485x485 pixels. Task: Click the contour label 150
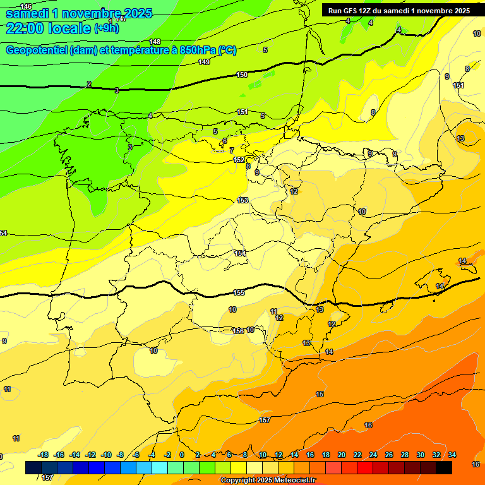coord(242,75)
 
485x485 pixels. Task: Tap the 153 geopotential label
coord(242,200)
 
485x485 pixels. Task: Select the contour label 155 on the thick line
coord(239,292)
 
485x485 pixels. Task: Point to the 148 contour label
coord(155,42)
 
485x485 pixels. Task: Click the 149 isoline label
coord(204,62)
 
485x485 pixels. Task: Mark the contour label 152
coord(239,160)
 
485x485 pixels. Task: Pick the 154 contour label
coord(240,253)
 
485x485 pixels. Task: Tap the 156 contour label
coord(238,331)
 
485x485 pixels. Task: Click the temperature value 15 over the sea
coord(320,394)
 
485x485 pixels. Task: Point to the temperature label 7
coord(231,150)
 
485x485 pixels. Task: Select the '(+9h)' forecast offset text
coord(107,28)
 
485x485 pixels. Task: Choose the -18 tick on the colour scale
coord(43,455)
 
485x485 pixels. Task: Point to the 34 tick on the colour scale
coord(452,455)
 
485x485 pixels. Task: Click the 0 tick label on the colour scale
coord(182,455)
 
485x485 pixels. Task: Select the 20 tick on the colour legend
coord(342,455)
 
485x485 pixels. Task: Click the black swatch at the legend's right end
coord(443,467)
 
